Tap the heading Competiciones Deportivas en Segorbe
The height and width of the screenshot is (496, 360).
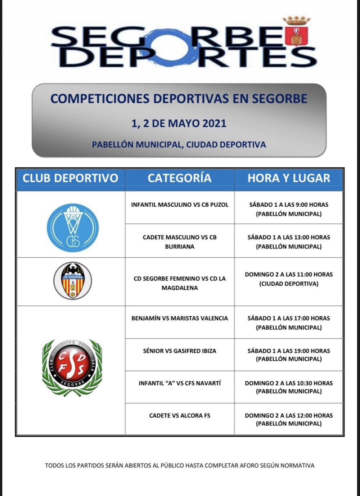pos(179,99)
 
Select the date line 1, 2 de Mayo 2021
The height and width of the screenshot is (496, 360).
pos(179,123)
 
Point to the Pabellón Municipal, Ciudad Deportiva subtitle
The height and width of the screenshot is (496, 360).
pos(179,145)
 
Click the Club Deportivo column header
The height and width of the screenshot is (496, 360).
pos(71,178)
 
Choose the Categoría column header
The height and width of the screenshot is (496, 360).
pos(179,178)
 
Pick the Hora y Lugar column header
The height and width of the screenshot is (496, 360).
pos(289,178)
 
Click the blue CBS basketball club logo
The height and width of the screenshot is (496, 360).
pos(73,227)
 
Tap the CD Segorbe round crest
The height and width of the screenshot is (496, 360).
pos(73,281)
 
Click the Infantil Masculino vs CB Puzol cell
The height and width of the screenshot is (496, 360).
pos(180,205)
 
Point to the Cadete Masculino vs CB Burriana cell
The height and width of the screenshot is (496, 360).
pos(180,242)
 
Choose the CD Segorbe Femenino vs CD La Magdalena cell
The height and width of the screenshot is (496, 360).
pos(180,283)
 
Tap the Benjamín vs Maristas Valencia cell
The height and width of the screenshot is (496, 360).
pos(180,319)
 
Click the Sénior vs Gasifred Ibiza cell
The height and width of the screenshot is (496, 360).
pos(180,351)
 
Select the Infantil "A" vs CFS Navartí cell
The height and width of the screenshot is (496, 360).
pos(180,383)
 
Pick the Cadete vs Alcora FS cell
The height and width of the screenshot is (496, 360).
pos(180,416)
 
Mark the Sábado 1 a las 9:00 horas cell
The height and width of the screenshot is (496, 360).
pos(289,209)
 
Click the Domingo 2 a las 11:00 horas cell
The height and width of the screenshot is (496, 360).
pos(289,279)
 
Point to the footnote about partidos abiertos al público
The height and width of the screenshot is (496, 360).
pos(180,465)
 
